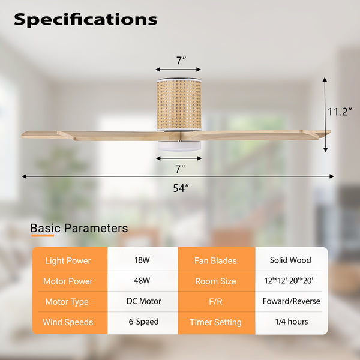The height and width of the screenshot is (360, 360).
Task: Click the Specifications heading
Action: [85, 19]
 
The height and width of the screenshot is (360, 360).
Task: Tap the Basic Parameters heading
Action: [79, 228]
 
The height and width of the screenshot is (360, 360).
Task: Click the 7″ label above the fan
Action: [181, 60]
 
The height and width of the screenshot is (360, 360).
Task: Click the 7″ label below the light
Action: [180, 169]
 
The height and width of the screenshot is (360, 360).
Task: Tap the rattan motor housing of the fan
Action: [178, 105]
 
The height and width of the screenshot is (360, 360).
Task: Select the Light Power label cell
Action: [67, 261]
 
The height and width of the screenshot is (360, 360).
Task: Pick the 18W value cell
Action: [143, 260]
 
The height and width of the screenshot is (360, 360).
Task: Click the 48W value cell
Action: [143, 281]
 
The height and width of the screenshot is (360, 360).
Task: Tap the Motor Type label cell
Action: [67, 302]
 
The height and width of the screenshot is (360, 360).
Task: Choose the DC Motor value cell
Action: [143, 301]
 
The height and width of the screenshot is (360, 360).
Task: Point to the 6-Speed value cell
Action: [143, 322]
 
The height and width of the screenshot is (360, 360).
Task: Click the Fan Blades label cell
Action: [215, 261]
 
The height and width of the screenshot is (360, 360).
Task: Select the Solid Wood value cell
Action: [291, 260]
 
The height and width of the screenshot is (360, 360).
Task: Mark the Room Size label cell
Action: [215, 281]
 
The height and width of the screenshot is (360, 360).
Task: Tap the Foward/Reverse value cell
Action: [291, 301]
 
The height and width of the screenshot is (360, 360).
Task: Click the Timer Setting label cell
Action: [215, 322]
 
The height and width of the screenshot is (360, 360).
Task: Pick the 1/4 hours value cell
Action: [291, 322]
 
